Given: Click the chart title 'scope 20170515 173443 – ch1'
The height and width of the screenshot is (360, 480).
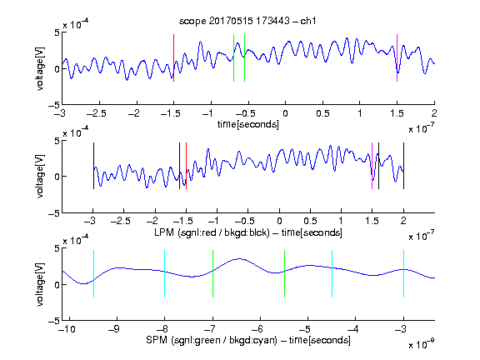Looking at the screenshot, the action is (247, 21).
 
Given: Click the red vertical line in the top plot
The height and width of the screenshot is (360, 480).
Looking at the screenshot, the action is (174, 57).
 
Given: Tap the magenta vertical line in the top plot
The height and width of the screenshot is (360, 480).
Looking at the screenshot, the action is (397, 57).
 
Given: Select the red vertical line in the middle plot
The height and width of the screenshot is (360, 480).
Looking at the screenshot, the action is (186, 166).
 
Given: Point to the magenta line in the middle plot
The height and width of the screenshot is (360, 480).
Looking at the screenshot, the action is (372, 166).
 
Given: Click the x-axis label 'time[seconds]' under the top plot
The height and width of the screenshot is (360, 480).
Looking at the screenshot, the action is (248, 124).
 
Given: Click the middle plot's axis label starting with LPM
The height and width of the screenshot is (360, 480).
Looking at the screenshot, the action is (248, 232).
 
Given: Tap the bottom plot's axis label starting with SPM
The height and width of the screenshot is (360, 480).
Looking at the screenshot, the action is (248, 340).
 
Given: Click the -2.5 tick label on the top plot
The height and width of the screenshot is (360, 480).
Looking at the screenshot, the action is (97, 113).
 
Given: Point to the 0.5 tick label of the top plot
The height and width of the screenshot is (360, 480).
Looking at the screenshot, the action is (322, 113).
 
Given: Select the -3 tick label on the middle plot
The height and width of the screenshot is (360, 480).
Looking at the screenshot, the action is (91, 221).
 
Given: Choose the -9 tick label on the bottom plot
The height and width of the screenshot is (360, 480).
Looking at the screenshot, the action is (114, 329).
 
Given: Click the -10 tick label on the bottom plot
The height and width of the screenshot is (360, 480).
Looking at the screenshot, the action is (67, 329).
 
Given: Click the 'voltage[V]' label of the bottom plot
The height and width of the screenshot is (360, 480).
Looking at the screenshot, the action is (40, 284).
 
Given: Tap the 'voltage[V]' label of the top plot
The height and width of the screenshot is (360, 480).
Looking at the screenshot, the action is (40, 68).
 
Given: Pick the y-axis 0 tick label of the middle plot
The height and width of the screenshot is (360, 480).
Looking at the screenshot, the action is (57, 177).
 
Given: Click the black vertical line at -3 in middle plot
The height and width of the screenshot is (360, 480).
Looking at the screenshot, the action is (93, 166).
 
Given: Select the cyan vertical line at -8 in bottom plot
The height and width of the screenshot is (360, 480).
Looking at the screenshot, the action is (165, 273).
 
